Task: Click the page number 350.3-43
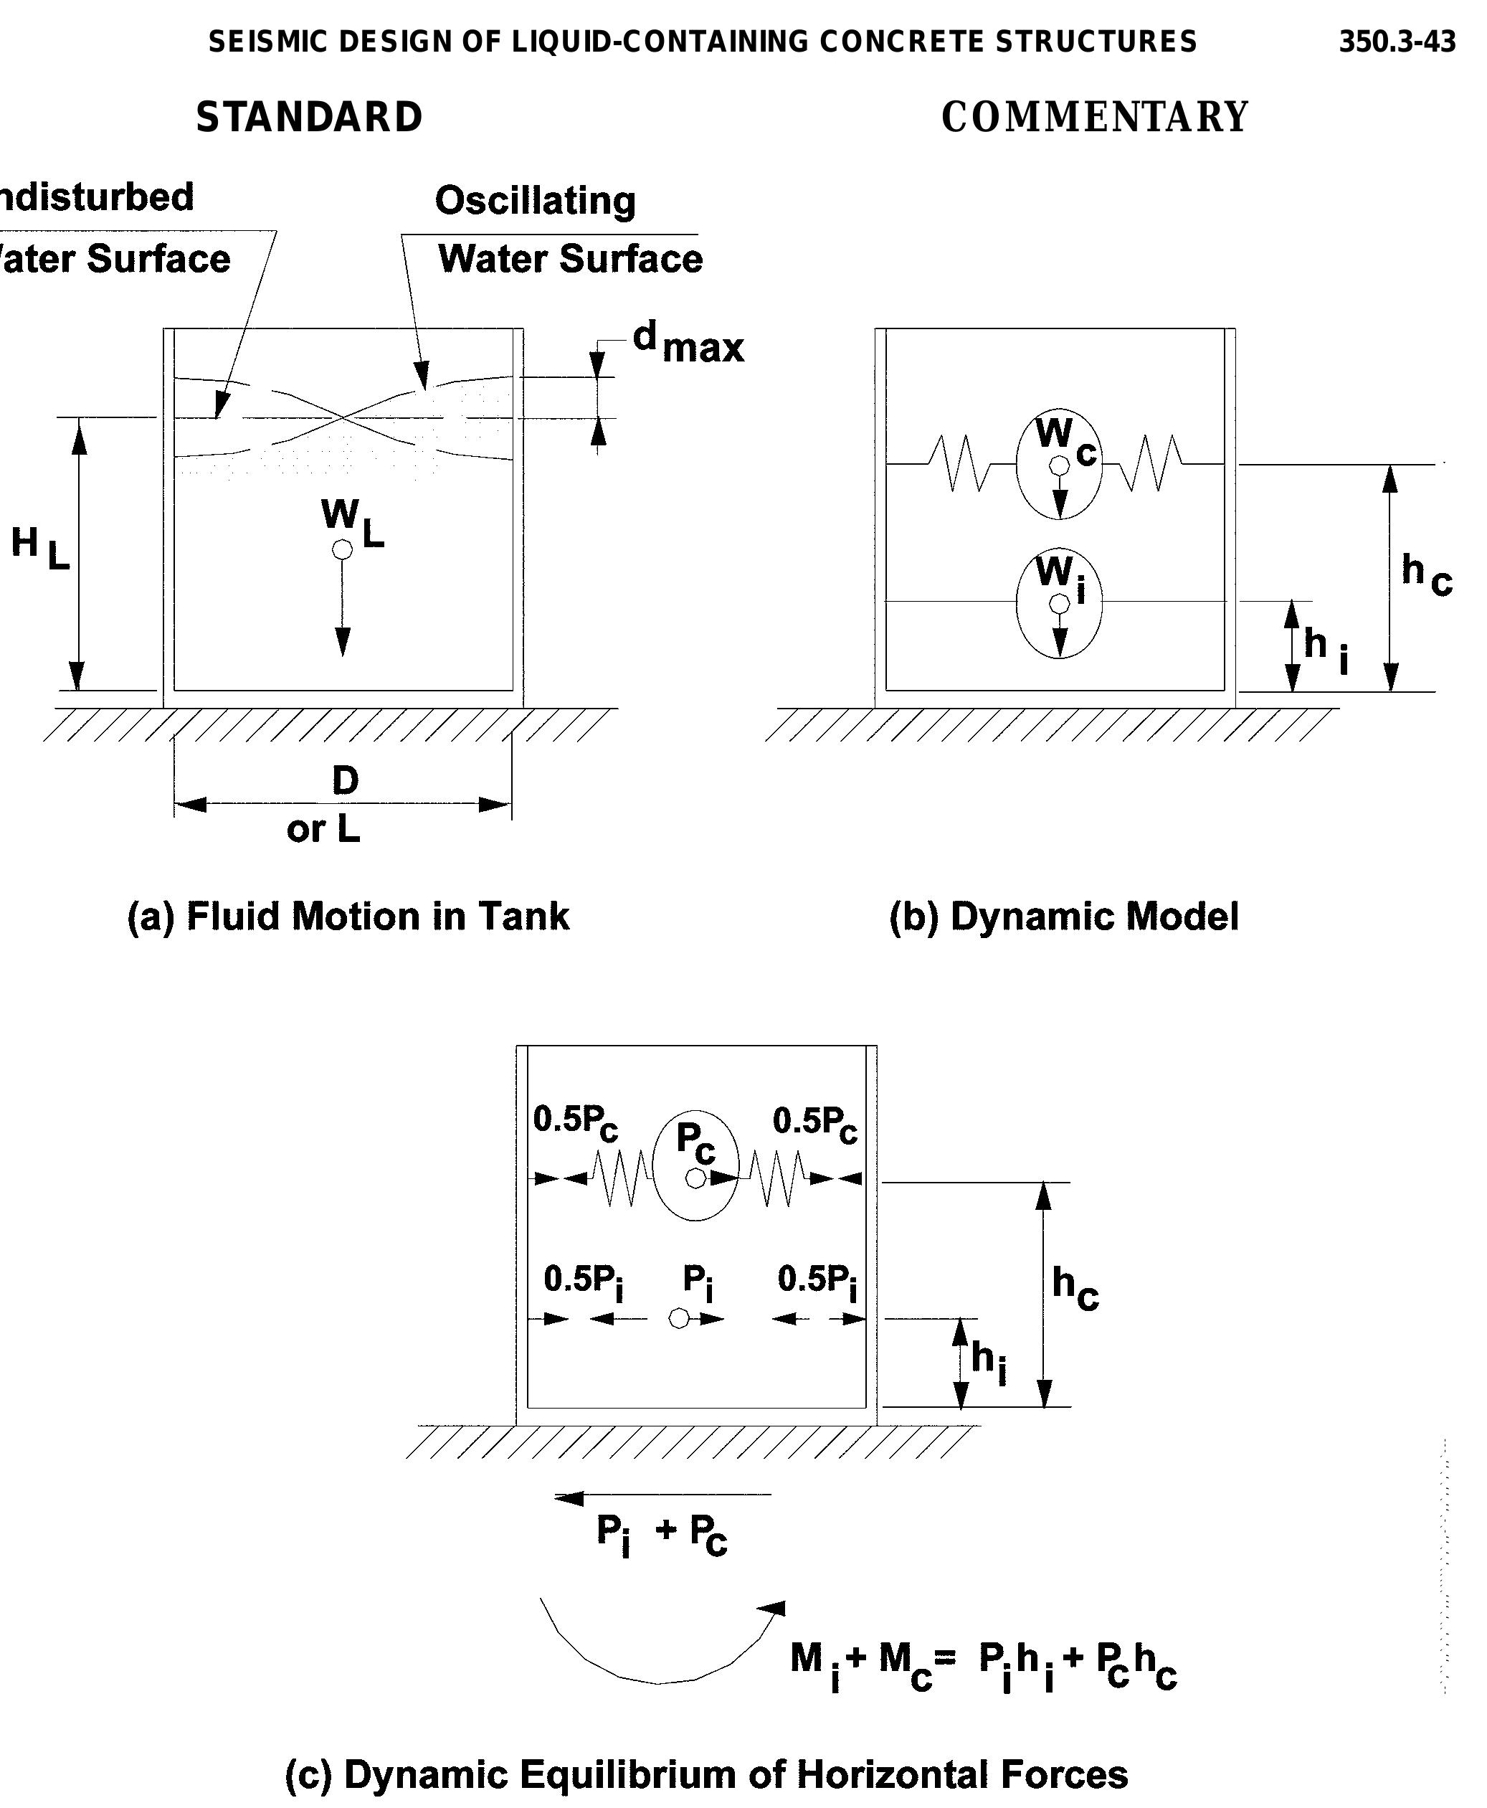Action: click(1396, 41)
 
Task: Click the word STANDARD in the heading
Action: click(309, 118)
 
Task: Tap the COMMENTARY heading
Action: click(1095, 118)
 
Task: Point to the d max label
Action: click(688, 342)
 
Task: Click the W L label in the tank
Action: click(351, 522)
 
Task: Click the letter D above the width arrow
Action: click(345, 780)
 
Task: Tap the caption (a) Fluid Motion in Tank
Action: click(348, 916)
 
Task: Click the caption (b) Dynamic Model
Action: click(1063, 916)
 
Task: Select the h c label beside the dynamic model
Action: click(1425, 572)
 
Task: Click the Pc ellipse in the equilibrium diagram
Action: click(695, 1165)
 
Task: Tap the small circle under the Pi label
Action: click(678, 1319)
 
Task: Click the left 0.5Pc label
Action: click(575, 1122)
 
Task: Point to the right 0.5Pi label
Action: click(817, 1281)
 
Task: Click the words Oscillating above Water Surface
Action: click(536, 201)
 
